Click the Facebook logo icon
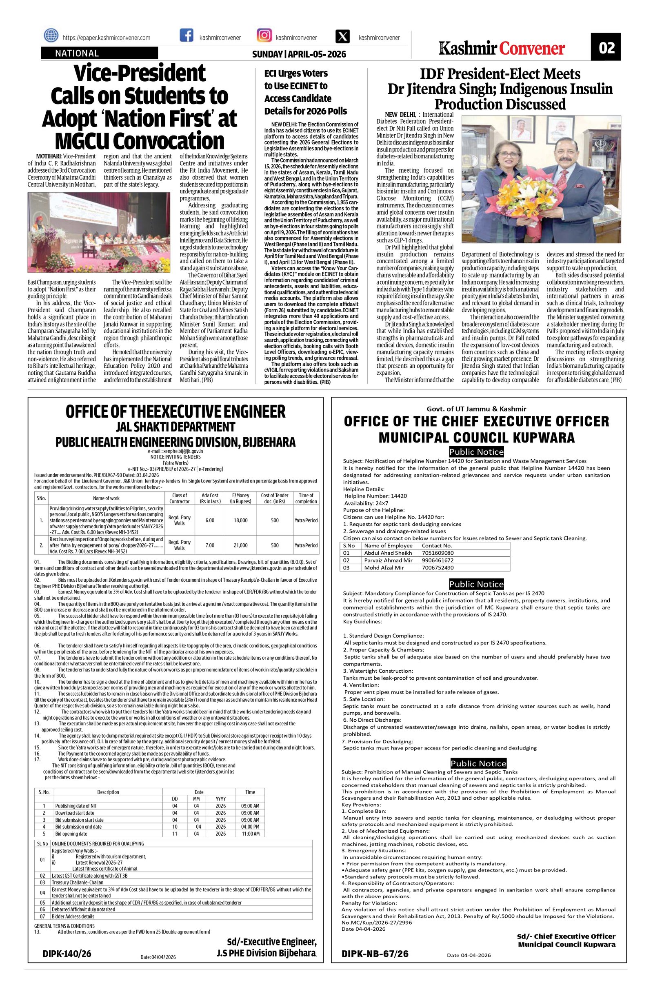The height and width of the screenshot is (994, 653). (186, 36)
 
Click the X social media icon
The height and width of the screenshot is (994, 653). (342, 36)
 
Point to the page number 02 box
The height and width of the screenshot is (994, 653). (606, 47)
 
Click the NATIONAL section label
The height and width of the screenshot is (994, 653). (77, 53)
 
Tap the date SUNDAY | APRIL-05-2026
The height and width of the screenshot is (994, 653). (299, 54)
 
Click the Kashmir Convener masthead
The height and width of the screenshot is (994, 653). (502, 49)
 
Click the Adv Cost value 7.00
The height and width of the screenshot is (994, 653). (210, 545)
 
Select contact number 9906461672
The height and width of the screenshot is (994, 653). (438, 560)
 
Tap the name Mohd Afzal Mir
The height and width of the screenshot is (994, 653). (384, 567)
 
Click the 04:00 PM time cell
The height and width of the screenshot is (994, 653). (250, 827)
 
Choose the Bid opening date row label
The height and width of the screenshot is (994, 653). (71, 834)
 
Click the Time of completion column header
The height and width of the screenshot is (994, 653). (306, 498)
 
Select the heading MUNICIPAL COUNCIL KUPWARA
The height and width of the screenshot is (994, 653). (476, 438)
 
